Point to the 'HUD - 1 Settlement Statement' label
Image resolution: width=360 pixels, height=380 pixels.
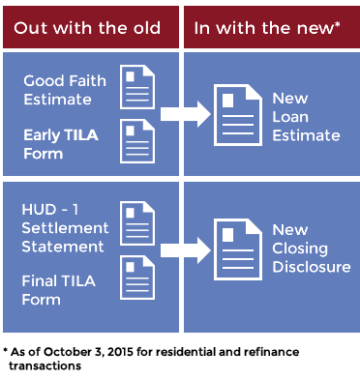point(63,228)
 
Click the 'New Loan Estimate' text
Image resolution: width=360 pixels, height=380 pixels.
point(306,117)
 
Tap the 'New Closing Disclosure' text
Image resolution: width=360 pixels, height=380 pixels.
point(311,248)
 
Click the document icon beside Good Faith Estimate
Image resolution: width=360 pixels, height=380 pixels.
point(137,87)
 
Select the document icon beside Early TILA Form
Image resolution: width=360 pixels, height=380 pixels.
point(137,140)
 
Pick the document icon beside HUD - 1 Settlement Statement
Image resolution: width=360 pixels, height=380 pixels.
point(137,223)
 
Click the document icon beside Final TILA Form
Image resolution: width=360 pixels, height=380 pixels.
point(137,278)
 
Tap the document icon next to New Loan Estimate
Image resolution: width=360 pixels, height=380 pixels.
point(238,115)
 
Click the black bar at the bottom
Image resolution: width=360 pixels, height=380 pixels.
point(172,358)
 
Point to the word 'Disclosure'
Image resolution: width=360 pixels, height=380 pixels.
point(311,267)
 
